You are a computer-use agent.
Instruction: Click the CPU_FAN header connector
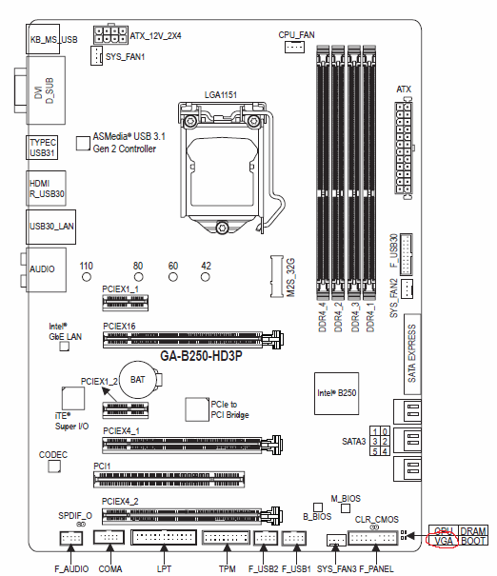click(x=294, y=47)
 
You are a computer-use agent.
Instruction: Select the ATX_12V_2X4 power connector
click(x=110, y=35)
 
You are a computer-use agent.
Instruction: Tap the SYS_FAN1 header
click(x=96, y=56)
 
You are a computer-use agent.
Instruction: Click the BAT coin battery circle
click(x=138, y=380)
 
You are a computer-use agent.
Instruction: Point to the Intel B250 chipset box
click(x=336, y=393)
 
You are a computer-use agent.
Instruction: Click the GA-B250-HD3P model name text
click(x=201, y=356)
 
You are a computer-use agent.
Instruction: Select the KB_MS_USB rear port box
click(x=43, y=39)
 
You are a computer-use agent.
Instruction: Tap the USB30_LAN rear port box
click(x=51, y=227)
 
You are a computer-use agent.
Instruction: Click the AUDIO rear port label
click(x=42, y=269)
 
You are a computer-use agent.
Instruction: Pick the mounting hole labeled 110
click(x=87, y=277)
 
